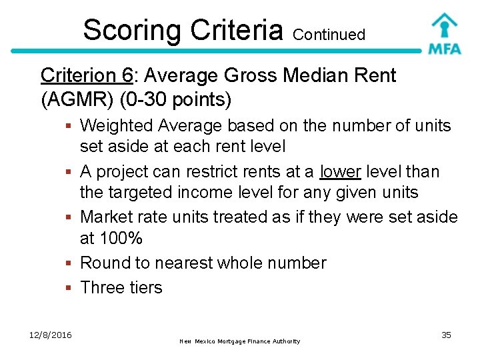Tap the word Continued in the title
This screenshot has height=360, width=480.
tap(329, 35)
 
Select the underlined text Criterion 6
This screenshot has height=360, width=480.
tap(86, 76)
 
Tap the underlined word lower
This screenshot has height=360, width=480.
tap(340, 172)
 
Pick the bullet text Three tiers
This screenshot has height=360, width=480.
tap(121, 287)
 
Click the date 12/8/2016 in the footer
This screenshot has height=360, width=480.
tap(50, 335)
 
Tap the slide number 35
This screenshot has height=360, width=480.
tap(446, 335)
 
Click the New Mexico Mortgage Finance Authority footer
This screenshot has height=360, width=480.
tap(240, 341)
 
